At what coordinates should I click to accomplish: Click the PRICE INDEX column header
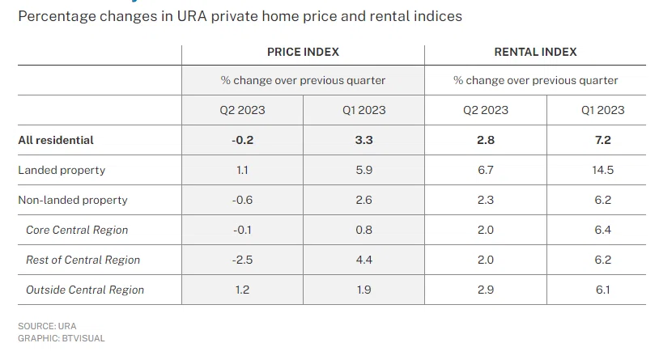tap(303, 52)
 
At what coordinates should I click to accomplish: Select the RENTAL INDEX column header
tap(535, 52)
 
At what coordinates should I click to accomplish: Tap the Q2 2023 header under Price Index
tap(243, 110)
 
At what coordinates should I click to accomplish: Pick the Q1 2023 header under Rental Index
tap(602, 110)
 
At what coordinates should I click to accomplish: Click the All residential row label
tap(56, 140)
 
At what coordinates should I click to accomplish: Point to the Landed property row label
tap(62, 170)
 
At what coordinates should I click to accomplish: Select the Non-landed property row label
tap(73, 200)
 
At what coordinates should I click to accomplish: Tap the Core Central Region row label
tap(77, 230)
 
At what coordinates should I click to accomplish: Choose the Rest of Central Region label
tap(83, 260)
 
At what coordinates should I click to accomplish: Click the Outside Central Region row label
tap(85, 290)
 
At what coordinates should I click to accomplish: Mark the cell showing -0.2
tap(243, 140)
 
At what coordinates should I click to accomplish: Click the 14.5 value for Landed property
tap(602, 170)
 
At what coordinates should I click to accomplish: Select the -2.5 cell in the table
tap(243, 260)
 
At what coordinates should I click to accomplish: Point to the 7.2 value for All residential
tap(602, 140)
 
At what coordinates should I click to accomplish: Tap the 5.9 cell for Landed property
tap(364, 170)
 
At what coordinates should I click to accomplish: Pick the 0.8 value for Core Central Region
tap(364, 230)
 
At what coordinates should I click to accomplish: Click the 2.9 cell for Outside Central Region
tap(486, 290)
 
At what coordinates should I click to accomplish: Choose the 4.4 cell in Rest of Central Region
tap(364, 260)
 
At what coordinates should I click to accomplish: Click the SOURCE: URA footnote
tap(47, 326)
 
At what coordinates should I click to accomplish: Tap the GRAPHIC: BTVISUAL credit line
tap(62, 338)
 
